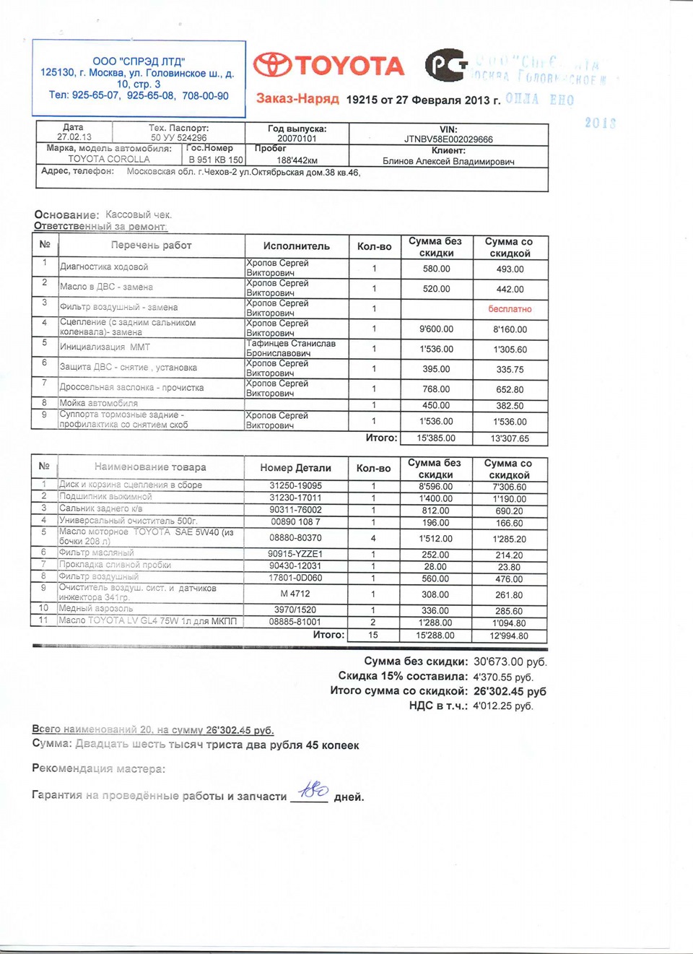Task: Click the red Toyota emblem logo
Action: (x=273, y=65)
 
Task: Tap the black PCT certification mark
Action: (x=445, y=66)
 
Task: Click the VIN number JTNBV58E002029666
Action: (x=448, y=139)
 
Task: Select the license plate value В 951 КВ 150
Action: (x=216, y=160)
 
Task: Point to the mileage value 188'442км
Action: (x=297, y=160)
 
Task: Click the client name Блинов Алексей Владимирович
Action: (x=448, y=162)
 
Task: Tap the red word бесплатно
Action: (x=510, y=309)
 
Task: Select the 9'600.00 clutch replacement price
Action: (x=437, y=329)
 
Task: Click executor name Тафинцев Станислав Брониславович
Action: (x=290, y=348)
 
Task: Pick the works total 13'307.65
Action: (x=510, y=438)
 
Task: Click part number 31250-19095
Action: (x=295, y=486)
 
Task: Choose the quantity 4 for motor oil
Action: (x=373, y=538)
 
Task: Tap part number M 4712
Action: (x=295, y=594)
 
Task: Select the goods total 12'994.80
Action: (x=509, y=636)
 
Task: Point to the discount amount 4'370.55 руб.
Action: (x=503, y=677)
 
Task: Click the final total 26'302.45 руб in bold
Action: (x=510, y=691)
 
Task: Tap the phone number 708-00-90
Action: (x=206, y=96)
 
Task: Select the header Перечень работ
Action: (x=151, y=246)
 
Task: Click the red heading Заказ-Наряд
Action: (x=297, y=98)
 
